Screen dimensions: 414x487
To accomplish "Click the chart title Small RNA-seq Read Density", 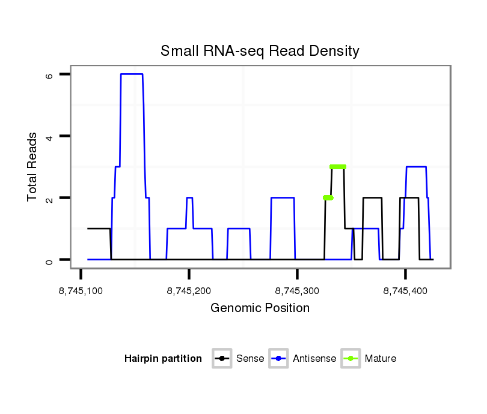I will click(x=260, y=51).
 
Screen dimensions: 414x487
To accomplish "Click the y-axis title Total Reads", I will click(x=33, y=167).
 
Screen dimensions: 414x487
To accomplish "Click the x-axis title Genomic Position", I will click(x=260, y=308).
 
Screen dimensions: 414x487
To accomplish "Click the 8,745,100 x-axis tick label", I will click(x=81, y=291).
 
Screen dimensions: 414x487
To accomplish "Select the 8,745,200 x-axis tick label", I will click(x=189, y=291).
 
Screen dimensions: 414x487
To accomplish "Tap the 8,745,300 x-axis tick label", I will click(x=297, y=291).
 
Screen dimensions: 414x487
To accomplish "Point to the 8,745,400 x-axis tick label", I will click(x=405, y=291).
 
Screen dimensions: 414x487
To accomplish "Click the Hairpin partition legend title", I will click(x=163, y=359).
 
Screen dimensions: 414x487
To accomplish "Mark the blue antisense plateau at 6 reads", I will click(x=132, y=74).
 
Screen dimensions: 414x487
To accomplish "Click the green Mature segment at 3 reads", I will click(x=338, y=167).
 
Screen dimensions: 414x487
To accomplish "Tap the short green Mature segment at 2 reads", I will click(x=328, y=198).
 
